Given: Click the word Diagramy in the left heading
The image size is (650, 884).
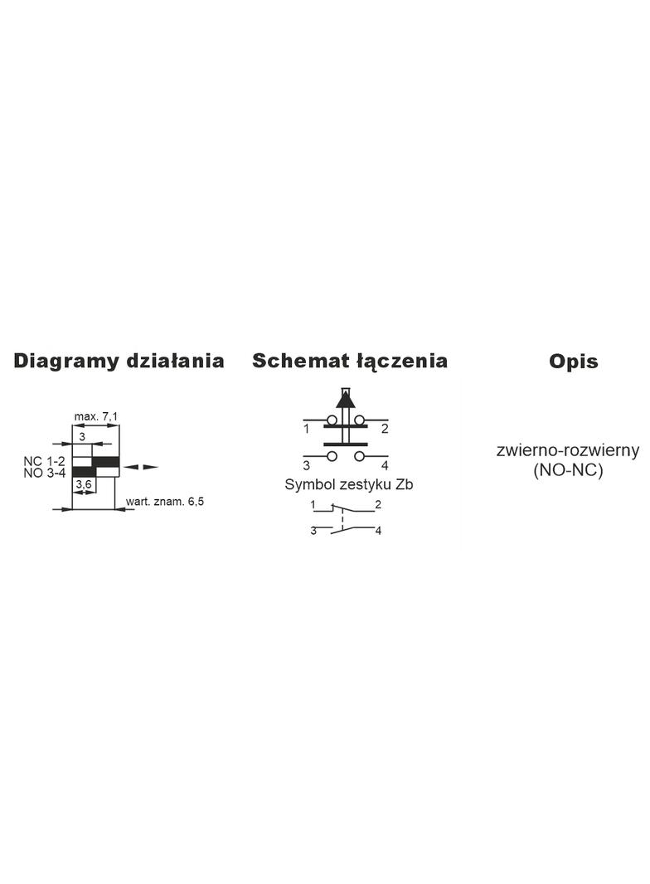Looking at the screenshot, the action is (x=66, y=362).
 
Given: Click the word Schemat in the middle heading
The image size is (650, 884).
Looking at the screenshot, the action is (x=300, y=361).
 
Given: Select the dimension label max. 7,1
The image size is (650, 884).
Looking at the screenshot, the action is (x=96, y=416).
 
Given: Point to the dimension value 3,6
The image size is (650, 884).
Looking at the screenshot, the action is (x=84, y=483).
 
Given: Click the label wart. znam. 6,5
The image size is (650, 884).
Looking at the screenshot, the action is (x=165, y=501).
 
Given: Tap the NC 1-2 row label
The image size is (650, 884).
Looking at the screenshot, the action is (x=44, y=461).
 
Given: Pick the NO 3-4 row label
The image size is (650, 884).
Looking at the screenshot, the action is (x=44, y=473).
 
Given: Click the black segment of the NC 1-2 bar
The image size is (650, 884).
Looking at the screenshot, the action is (x=106, y=462).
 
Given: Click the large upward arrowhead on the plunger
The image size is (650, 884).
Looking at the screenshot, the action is (x=346, y=400).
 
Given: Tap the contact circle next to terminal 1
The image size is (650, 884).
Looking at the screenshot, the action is (x=332, y=420).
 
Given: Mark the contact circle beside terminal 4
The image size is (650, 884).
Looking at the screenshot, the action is (x=360, y=455).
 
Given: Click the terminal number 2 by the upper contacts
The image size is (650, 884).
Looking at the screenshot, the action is (x=385, y=429).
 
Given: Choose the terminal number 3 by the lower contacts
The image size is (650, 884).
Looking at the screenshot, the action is (x=306, y=466).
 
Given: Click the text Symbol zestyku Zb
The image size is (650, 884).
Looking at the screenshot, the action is (x=348, y=485).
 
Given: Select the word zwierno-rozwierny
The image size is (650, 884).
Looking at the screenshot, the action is (x=568, y=450).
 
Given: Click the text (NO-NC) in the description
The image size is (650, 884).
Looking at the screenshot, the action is (x=568, y=469).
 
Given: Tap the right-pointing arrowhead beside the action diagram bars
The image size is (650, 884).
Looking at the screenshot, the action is (x=151, y=467).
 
